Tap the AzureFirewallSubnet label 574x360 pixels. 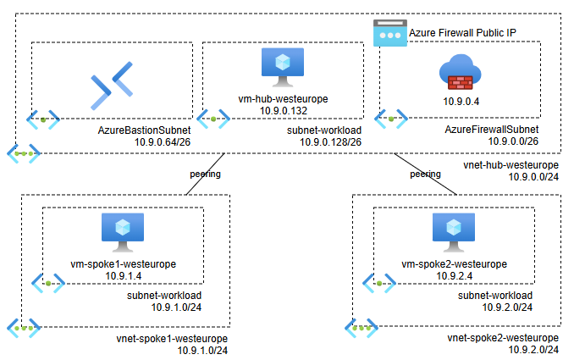click(x=491, y=130)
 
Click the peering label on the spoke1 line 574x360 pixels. click(x=205, y=174)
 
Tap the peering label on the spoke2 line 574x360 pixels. click(x=425, y=174)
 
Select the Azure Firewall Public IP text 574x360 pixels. click(x=462, y=32)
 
